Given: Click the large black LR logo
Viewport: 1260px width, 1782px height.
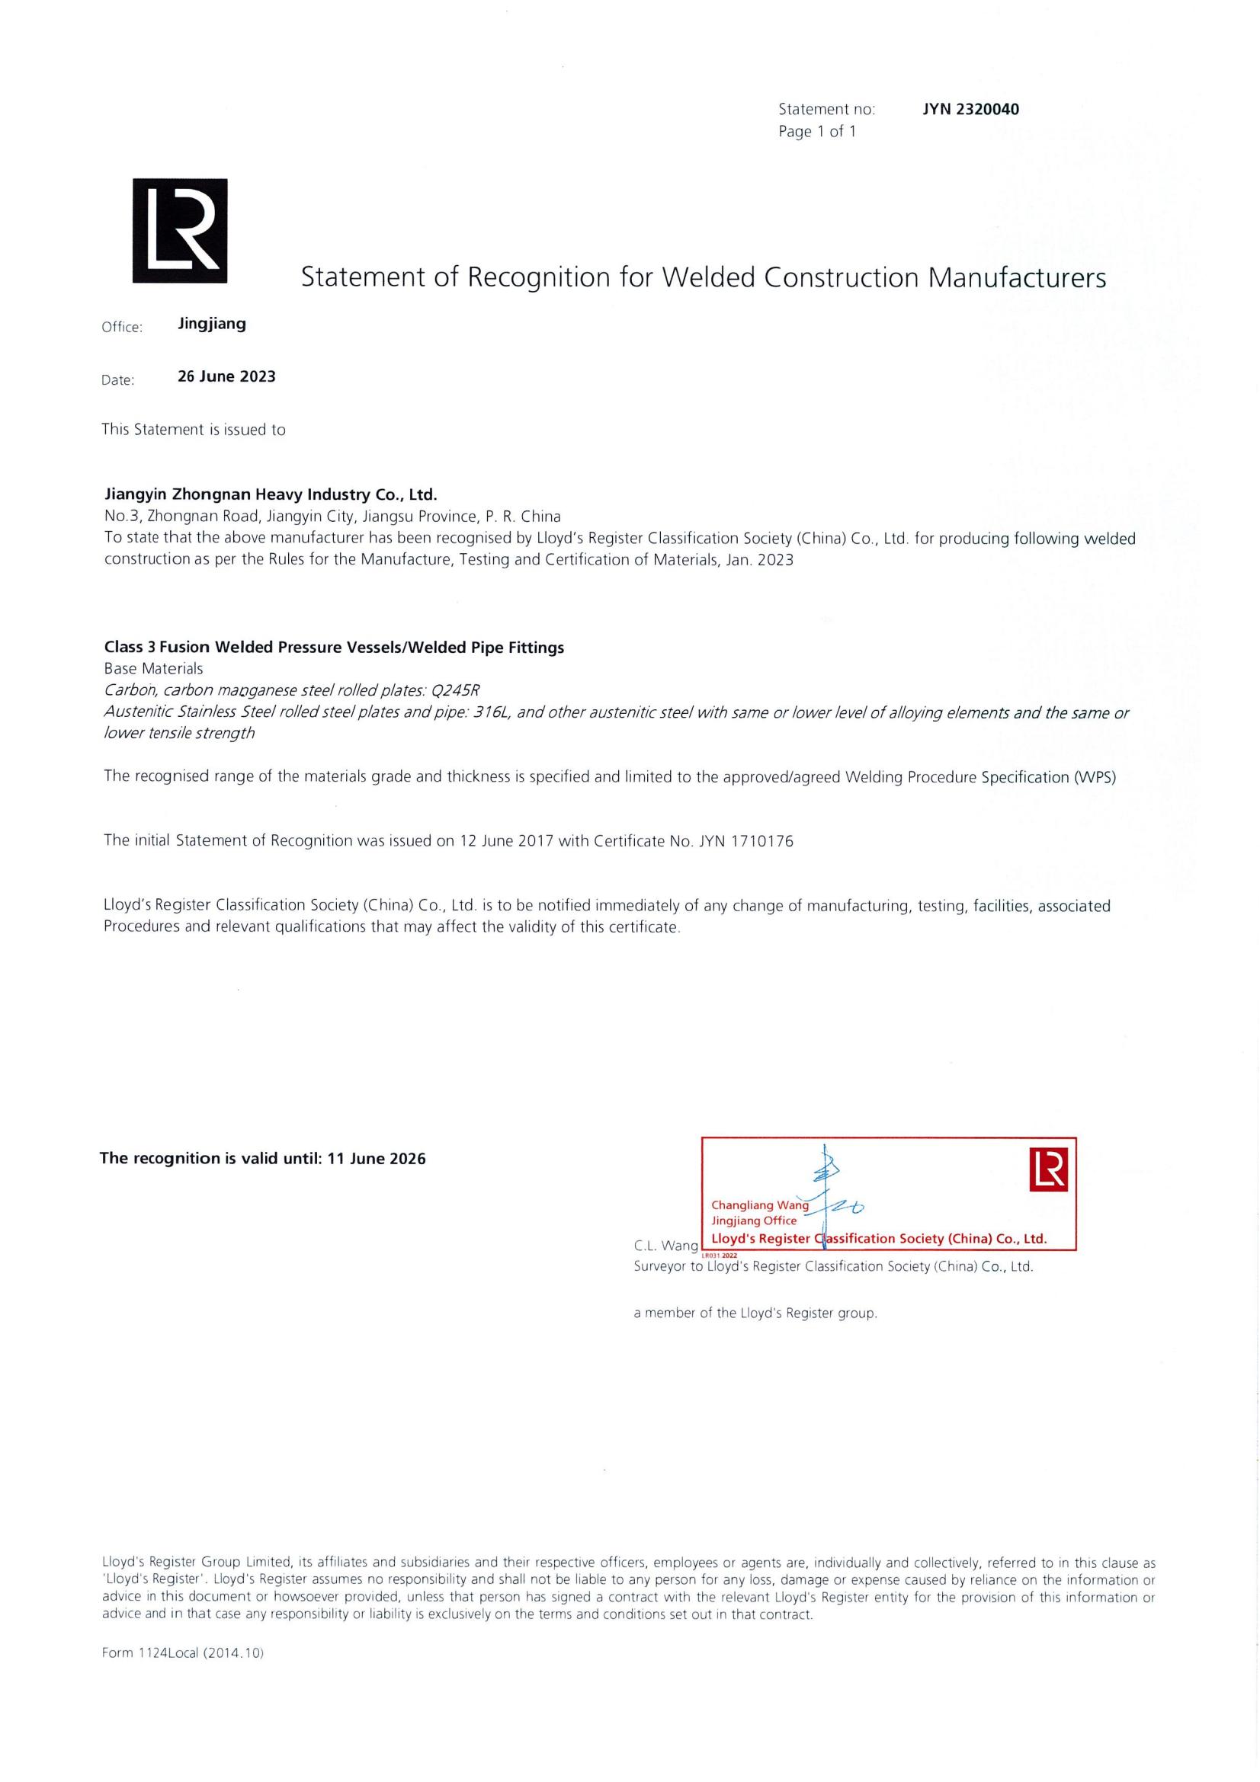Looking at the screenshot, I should (180, 231).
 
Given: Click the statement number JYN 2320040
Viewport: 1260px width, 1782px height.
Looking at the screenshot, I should (970, 110).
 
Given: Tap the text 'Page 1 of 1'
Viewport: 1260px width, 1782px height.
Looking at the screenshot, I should (816, 132).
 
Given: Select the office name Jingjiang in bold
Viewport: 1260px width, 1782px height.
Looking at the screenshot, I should (212, 325).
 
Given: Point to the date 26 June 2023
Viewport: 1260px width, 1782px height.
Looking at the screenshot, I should (226, 376).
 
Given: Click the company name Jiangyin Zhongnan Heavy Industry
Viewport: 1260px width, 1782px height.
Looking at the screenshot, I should (271, 494).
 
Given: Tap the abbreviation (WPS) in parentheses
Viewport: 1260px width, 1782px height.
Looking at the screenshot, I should (1095, 777).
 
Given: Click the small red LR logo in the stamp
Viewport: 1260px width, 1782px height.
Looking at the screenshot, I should (1049, 1169).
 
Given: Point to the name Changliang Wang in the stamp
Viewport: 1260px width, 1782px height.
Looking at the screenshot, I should (759, 1205).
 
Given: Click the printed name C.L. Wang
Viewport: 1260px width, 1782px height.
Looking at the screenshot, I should (665, 1246).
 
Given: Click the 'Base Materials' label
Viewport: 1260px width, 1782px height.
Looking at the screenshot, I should (154, 668).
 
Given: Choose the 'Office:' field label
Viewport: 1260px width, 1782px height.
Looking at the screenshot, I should (122, 328).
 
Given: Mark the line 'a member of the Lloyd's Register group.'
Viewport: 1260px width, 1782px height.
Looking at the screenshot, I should (755, 1313).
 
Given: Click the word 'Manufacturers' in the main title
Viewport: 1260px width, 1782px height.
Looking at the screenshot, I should (1017, 277).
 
